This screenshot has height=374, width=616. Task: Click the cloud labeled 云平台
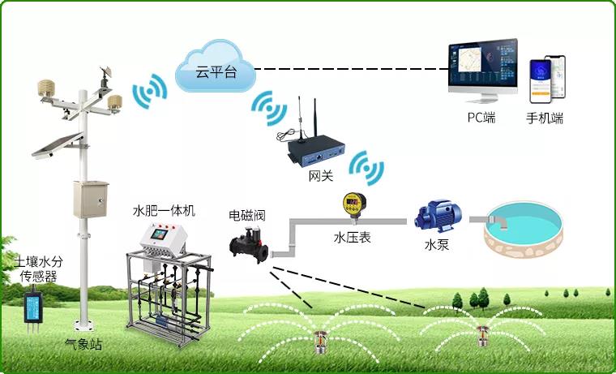(x=213, y=71)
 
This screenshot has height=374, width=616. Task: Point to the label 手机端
(x=545, y=118)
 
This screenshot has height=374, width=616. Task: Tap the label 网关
(x=319, y=175)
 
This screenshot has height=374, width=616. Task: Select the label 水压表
(x=353, y=239)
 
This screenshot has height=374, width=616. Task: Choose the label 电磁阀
(x=247, y=216)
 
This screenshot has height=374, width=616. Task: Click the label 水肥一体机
(x=164, y=211)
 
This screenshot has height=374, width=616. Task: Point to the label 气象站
(x=83, y=345)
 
